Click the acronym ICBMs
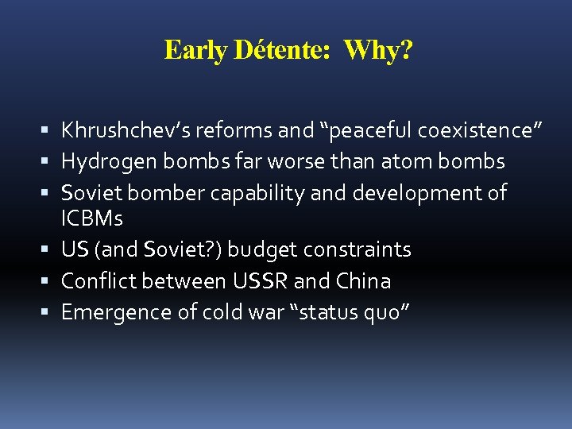pos(92,218)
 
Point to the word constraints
pos(359,249)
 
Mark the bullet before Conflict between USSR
pos(49,282)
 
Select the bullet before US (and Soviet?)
pos(49,250)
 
